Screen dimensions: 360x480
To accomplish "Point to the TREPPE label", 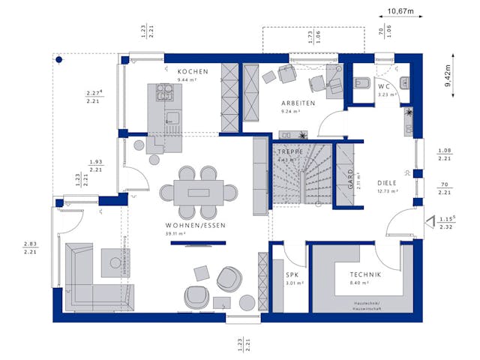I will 288,151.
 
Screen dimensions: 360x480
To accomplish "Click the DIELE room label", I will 387,182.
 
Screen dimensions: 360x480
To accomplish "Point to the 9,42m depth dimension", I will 448,76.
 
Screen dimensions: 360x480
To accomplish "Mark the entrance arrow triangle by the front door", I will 431,220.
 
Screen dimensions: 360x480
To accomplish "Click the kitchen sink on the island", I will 172,117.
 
